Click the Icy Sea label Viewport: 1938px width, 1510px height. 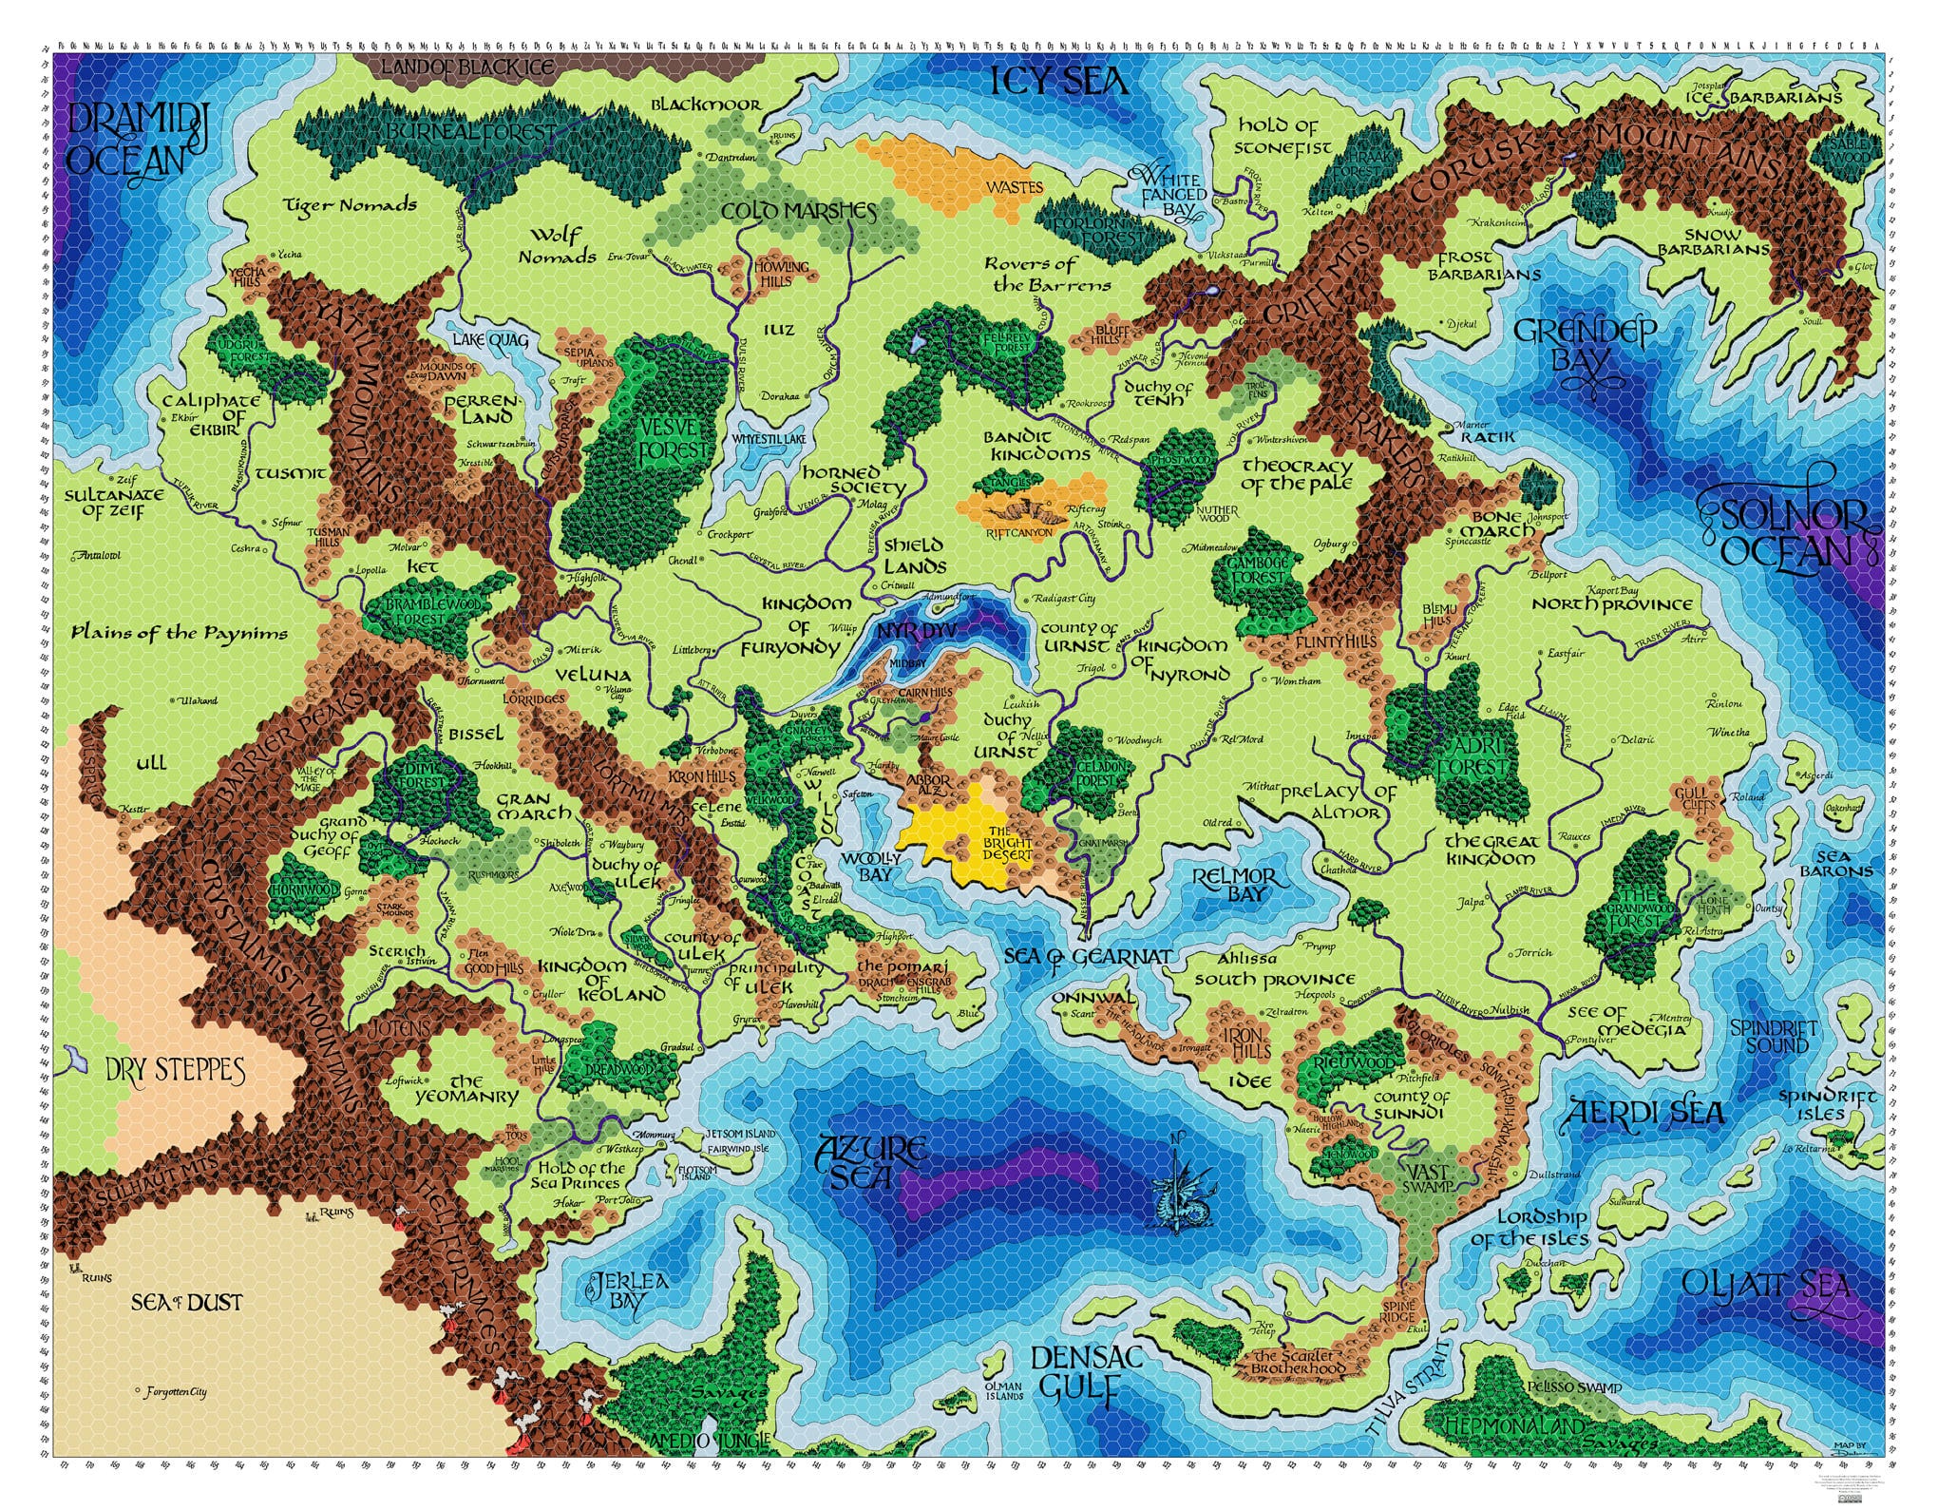click(x=1058, y=80)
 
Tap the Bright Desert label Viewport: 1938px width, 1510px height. click(x=1007, y=843)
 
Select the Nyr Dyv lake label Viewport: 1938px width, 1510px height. click(x=917, y=631)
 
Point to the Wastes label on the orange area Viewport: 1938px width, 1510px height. click(x=1014, y=187)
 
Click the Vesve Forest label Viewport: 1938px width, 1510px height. click(x=673, y=438)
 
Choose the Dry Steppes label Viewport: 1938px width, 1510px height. click(x=175, y=1070)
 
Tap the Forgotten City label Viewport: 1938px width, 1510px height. click(x=176, y=1392)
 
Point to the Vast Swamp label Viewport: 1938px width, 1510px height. click(x=1428, y=1179)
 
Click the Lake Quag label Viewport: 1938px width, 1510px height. click(x=490, y=339)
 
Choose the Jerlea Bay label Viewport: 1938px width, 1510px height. click(x=627, y=1290)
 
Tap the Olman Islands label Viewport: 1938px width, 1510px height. click(x=1003, y=1391)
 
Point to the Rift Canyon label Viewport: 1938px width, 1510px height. click(x=1019, y=533)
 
